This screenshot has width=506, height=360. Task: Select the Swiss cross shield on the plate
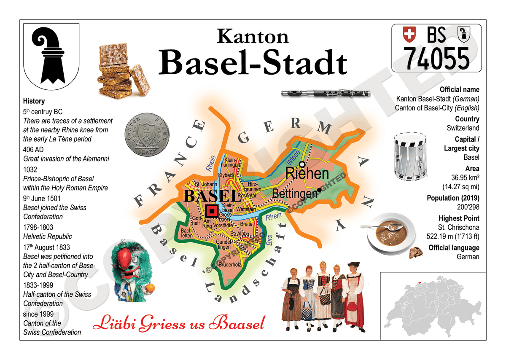tap(409, 34)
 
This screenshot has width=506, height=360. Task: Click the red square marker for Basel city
tap(212, 210)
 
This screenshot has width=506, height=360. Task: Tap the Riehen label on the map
tap(307, 173)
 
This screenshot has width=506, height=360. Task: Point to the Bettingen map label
tap(295, 193)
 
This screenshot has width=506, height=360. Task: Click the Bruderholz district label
tap(230, 265)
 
